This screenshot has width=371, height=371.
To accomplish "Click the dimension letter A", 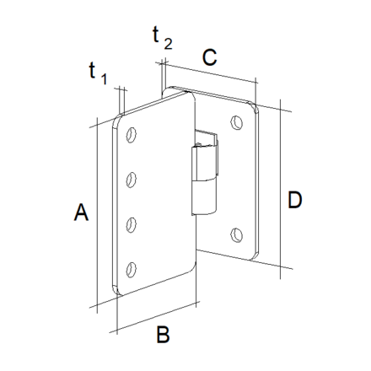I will coord(81,212).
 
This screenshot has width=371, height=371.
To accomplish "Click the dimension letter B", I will coord(164,335).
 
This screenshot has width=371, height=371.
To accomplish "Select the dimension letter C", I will coord(210,57).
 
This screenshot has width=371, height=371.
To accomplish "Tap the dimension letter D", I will coord(295,200).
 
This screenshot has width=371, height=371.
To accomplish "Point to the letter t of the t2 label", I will coord(156,34).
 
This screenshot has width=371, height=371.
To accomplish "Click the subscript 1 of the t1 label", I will coord(105,80).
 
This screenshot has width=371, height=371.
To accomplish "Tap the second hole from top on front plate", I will coord(131,179).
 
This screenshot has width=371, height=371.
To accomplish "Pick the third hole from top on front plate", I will coord(131,224).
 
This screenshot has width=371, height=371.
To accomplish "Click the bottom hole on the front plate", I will coord(131,270).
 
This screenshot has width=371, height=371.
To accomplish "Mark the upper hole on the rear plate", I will coord(237,122).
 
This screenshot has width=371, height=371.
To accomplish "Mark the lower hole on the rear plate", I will coord(237,234).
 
